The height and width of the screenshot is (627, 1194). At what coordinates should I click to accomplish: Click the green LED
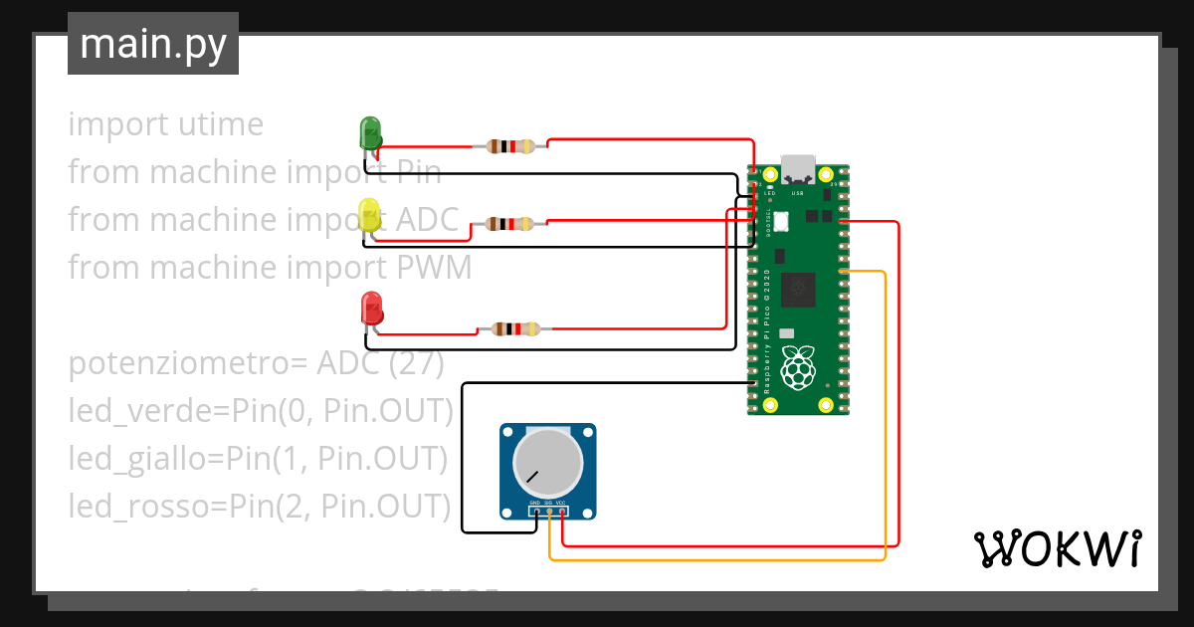369,132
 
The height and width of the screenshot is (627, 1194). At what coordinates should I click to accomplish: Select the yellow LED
369,215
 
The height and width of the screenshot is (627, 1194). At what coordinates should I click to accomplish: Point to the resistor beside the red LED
512,329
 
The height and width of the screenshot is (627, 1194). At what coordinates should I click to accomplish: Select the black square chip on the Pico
798,290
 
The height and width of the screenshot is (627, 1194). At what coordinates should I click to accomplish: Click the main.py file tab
153,44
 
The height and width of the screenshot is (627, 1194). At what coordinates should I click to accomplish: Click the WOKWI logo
1057,548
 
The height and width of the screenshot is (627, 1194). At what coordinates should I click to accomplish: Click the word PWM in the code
434,268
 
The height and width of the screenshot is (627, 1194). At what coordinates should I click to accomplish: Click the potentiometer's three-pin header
548,511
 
